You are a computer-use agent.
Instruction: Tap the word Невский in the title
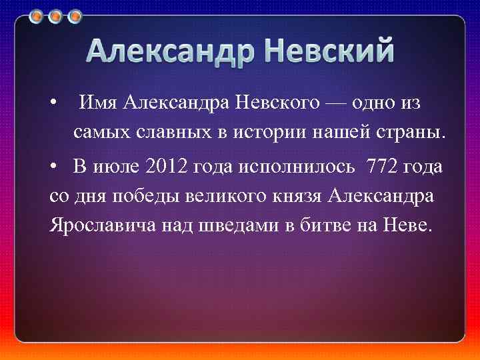[x=327, y=51]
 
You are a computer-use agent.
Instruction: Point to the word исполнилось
[x=293, y=167]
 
